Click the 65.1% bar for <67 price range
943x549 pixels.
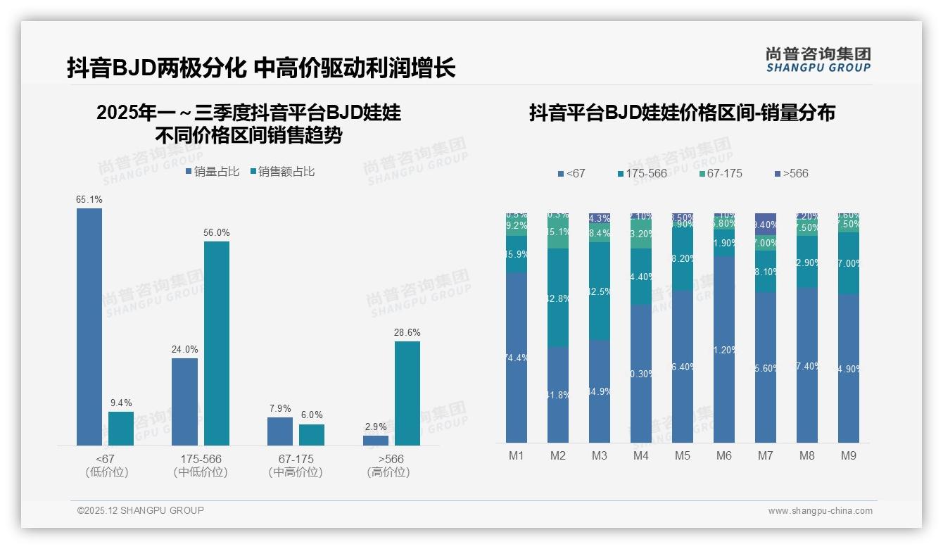click(x=89, y=327)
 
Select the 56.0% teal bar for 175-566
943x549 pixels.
click(x=217, y=343)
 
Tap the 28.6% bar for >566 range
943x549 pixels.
click(x=407, y=393)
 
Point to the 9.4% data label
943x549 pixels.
click(x=121, y=403)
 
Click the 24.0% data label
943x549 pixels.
click(x=184, y=350)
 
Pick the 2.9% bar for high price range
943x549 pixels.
click(x=376, y=441)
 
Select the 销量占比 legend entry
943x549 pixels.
click(x=213, y=172)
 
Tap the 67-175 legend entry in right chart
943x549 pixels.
click(x=721, y=173)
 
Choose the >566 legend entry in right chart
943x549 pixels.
click(x=791, y=173)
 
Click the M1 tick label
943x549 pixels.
click(x=517, y=456)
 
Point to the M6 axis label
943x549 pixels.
click(x=724, y=456)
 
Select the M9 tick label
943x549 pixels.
click(x=849, y=456)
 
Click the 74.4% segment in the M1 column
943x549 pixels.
click(x=517, y=358)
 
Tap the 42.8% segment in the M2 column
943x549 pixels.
click(x=558, y=298)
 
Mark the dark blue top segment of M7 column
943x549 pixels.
click(x=766, y=219)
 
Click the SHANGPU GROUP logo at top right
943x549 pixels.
click(x=818, y=60)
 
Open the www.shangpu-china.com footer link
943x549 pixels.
click(x=820, y=511)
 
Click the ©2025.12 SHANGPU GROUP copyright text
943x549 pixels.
click(x=141, y=511)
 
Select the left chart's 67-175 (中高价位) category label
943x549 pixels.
click(x=296, y=466)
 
